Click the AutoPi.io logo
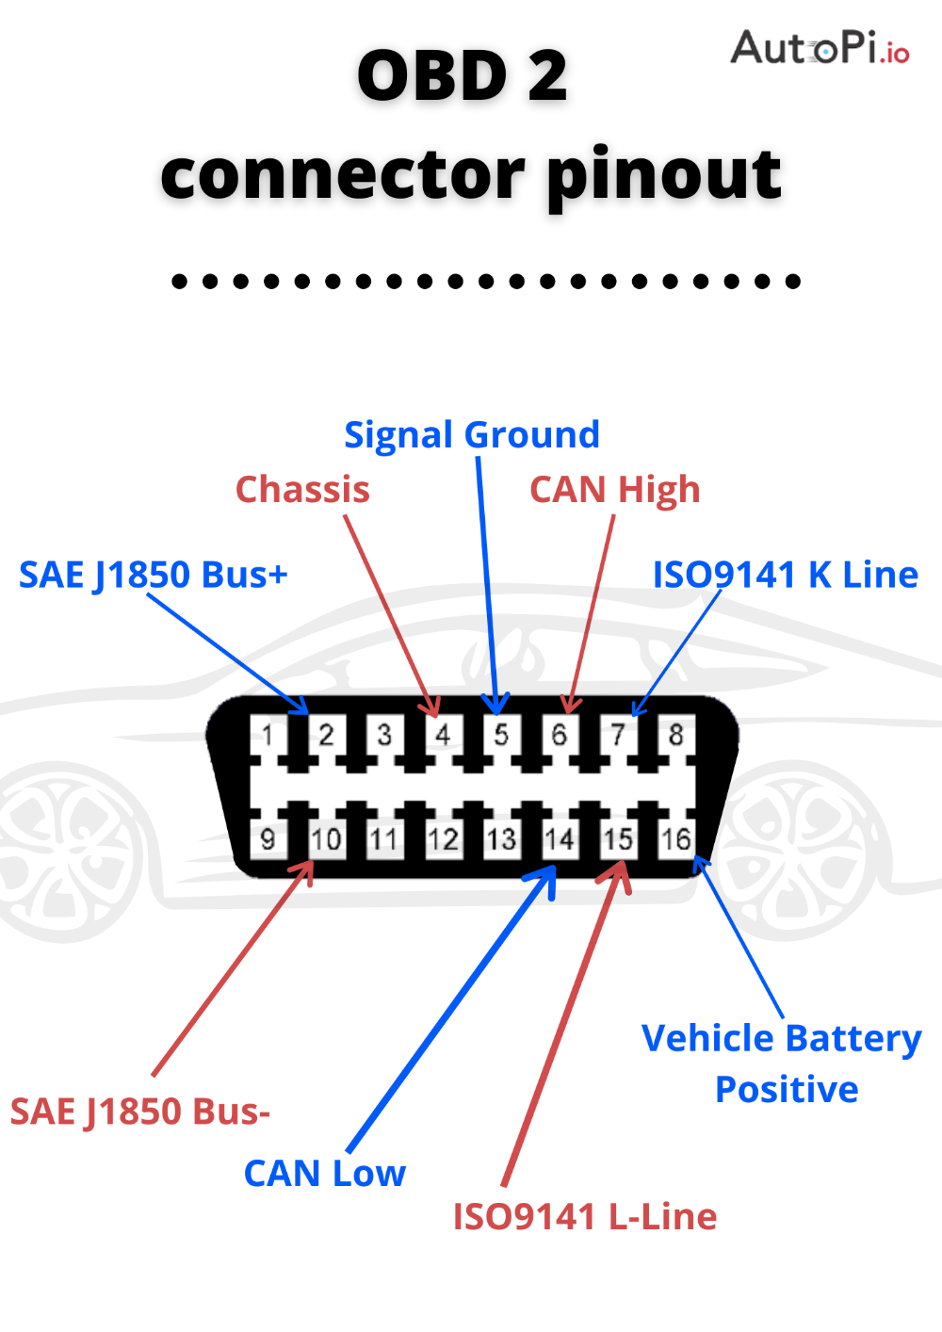coord(820,47)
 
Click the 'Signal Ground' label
coord(472,435)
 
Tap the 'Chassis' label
coord(302,490)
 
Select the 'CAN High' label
coord(615,490)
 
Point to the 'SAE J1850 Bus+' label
coord(154,575)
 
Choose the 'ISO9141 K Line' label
coord(786,575)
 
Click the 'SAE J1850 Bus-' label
coord(140,1112)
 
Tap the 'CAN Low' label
coord(325,1174)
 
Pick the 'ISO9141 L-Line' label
coord(585,1217)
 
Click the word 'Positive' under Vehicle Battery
coord(787,1090)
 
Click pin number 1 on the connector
coord(268,734)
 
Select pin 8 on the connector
coord(676,734)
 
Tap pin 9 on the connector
coord(268,838)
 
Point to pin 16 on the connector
coord(676,838)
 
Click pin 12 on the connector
coord(443,838)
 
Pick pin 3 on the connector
coord(384,734)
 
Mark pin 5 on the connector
coord(501,734)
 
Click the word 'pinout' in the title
coord(663,175)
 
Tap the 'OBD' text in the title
coord(432,76)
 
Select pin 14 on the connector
coord(560,838)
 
